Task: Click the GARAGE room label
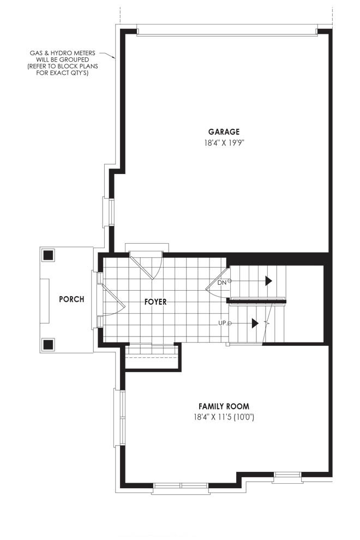coord(224,131)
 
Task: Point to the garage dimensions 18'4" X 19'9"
coord(224,142)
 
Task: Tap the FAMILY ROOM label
coord(224,406)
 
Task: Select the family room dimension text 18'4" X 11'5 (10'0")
coord(224,417)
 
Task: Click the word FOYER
coord(155,302)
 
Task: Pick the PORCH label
coord(71,299)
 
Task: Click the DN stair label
coord(222,283)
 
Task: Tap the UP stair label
coord(222,323)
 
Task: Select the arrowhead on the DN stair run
coord(269,281)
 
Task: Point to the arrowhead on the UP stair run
coord(255,323)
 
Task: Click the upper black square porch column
coord(48,255)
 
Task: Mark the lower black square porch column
coord(48,344)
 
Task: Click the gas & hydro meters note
coord(62,63)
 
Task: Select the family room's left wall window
coord(120,418)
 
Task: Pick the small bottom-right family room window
coord(287,477)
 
